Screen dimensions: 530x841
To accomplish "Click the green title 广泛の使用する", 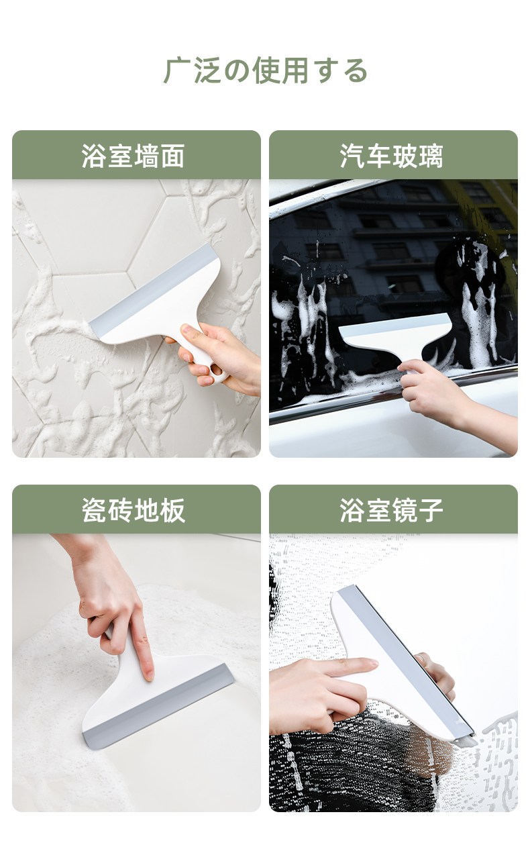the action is pos(266,70).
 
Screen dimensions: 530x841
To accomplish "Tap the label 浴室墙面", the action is pos(133,156).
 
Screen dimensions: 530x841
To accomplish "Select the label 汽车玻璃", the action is pos(392,156).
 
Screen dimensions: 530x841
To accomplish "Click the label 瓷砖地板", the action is pos(134,510).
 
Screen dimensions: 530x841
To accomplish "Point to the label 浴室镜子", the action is pos(392,510).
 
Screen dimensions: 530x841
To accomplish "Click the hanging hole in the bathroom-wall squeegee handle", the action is pos(217,370).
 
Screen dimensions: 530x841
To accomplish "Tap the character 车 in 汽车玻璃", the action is pos(378,156).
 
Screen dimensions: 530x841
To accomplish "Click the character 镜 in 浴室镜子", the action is pos(405,510).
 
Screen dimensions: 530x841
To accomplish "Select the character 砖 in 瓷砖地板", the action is pos(121,510).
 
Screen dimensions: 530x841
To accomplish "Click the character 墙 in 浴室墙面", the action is pos(146,156).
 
